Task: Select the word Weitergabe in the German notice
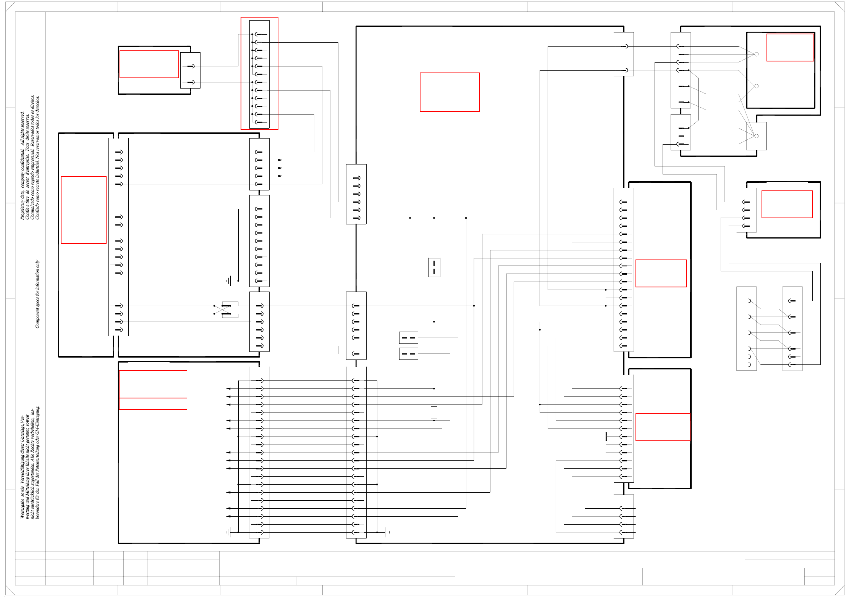pos(22,509)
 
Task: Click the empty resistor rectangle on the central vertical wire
pos(434,413)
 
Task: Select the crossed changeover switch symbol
pos(226,309)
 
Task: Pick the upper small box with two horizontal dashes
pos(408,338)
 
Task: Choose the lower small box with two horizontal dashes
pos(408,354)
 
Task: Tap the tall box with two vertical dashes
pos(434,267)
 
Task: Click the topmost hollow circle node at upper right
pos(756,54)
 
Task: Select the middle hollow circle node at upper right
pos(756,86)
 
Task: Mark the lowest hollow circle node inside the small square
pos(756,136)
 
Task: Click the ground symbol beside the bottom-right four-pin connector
pos(583,508)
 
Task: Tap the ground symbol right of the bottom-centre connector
pos(387,532)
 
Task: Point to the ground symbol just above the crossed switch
pos(229,281)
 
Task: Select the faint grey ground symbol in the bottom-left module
pos(228,532)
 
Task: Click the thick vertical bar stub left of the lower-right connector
pos(606,437)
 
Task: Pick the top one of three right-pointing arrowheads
pos(280,160)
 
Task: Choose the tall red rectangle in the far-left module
pos(84,210)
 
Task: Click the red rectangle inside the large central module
pos(450,92)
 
